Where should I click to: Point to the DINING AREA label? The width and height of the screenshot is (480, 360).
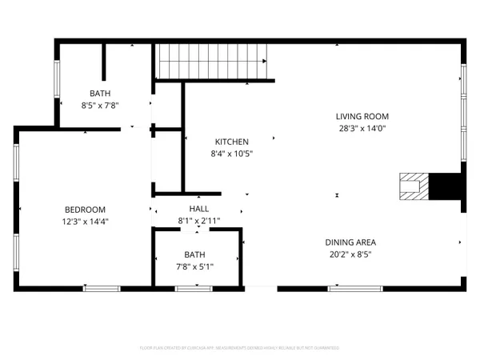[x=350, y=242]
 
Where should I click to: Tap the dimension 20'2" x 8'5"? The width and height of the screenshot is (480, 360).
[x=350, y=254]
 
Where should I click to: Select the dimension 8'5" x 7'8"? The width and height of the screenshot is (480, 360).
[x=100, y=105]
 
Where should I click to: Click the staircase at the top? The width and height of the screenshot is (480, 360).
[x=211, y=60]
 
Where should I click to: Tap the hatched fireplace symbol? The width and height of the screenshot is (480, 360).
[x=414, y=186]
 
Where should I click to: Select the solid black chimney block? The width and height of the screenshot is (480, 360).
[x=446, y=186]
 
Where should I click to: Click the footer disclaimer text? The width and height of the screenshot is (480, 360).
[x=240, y=348]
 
